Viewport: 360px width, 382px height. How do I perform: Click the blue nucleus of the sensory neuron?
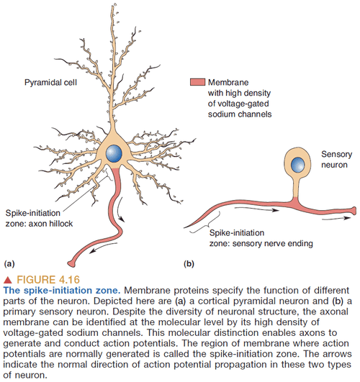[x=294, y=164]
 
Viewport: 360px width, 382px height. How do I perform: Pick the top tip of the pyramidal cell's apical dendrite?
[x=113, y=7]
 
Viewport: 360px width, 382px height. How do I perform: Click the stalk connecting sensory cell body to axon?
[x=294, y=191]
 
